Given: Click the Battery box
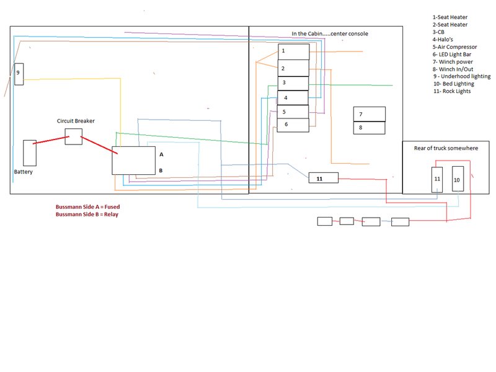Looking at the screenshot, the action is click(30, 153).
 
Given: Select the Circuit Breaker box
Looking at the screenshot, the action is click(73, 136).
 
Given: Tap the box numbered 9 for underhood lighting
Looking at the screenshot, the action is click(19, 74).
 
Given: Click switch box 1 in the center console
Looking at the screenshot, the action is click(293, 51).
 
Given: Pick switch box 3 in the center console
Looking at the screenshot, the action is click(293, 83).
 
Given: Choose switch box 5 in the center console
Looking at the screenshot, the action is click(293, 112).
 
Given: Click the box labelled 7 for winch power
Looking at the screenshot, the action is click(369, 114).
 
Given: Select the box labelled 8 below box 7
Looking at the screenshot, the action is click(369, 128).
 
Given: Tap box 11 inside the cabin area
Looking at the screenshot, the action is click(323, 178).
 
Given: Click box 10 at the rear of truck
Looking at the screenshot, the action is click(458, 179).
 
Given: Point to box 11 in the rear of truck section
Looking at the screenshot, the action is click(437, 179).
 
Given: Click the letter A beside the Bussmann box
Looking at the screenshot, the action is click(161, 154).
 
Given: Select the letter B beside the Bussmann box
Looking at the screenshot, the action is click(161, 170).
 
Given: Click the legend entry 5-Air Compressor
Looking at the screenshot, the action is click(454, 47).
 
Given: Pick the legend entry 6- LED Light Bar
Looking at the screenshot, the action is click(452, 55).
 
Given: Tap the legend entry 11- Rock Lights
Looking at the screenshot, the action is click(452, 91).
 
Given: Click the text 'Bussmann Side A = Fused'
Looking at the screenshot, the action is click(87, 207).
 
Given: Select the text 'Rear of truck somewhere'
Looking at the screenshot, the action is click(446, 148).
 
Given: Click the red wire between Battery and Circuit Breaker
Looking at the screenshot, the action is click(51, 140).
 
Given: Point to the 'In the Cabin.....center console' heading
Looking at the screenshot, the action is click(330, 33).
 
